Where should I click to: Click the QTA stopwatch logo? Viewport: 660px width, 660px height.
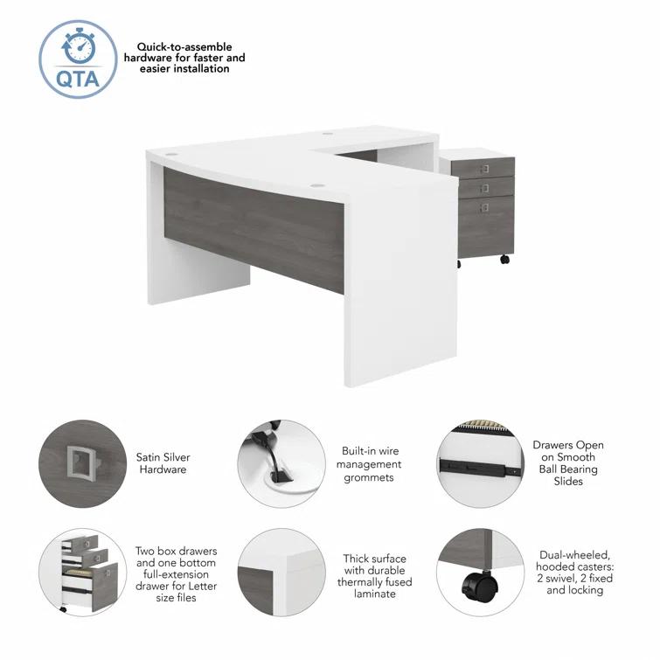point(78,59)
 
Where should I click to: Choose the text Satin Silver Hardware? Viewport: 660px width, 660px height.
point(163,463)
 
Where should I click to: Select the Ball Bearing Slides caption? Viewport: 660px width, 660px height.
point(568,463)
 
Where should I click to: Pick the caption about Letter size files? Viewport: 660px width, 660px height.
point(175,575)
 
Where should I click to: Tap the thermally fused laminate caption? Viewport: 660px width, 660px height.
point(373,575)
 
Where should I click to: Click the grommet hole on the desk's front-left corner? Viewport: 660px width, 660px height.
point(170,154)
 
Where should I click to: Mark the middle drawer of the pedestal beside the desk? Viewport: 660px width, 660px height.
point(485,187)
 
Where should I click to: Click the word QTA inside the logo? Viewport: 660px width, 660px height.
point(77,77)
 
